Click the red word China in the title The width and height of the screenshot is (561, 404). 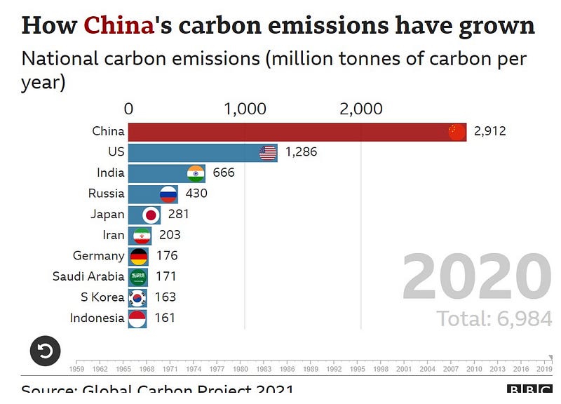[119, 25]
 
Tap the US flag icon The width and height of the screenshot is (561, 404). [268, 152]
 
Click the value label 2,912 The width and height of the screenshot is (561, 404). [489, 131]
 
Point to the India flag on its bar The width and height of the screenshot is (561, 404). [196, 173]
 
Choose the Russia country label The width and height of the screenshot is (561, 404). [106, 194]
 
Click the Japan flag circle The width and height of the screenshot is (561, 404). [151, 215]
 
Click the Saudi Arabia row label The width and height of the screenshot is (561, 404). [88, 276]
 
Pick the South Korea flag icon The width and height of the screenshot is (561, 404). [137, 297]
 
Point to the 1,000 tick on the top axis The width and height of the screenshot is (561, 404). [245, 109]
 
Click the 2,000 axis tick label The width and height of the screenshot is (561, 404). [360, 109]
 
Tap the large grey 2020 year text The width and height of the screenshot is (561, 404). [476, 278]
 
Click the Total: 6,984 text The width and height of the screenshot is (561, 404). [494, 318]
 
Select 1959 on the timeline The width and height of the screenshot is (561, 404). [77, 368]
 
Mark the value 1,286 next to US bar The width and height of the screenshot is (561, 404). [302, 152]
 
